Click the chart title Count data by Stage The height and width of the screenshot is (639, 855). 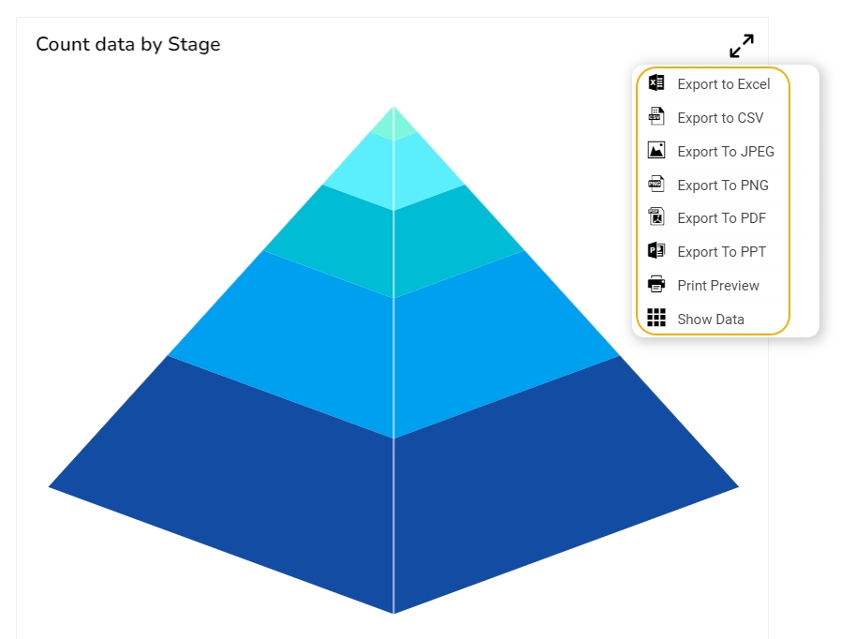pos(128,44)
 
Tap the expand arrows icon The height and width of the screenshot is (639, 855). pos(742,46)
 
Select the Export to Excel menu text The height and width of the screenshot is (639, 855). pos(724,84)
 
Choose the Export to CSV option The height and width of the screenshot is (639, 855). pos(720,118)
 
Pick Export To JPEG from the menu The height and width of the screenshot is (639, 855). pos(726,152)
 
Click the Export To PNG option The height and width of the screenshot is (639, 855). pos(723,186)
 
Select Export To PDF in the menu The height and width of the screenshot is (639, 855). pos(721,218)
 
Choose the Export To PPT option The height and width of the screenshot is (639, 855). pos(721,252)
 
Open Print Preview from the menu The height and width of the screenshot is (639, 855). pos(718,286)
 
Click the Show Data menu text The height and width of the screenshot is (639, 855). pos(711,319)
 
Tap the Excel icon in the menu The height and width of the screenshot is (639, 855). pos(656,83)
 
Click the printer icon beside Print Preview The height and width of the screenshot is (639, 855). pos(656,285)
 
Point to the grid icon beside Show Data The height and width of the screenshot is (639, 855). pos(656,319)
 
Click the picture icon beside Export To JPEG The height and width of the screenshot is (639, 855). pos(656,150)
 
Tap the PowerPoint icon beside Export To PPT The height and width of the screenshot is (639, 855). pos(656,251)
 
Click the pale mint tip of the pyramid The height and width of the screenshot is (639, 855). pos(393,125)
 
